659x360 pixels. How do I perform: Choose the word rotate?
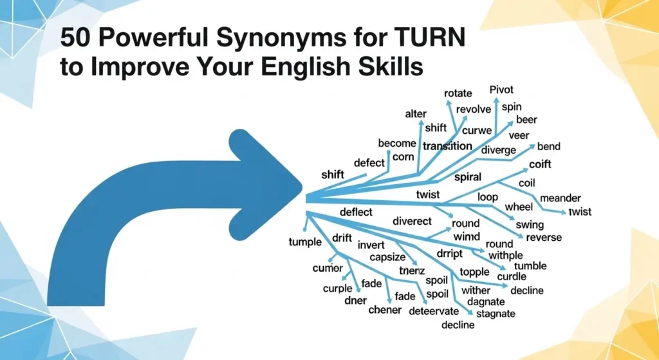[x=458, y=94]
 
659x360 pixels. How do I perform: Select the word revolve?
[x=473, y=109]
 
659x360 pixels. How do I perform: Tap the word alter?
[x=416, y=114]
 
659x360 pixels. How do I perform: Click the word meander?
[x=561, y=198]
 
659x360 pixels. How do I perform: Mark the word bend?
[x=549, y=147]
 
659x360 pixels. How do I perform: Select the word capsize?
[x=387, y=258]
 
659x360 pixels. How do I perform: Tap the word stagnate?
[x=495, y=314]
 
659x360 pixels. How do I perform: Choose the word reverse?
[x=544, y=238]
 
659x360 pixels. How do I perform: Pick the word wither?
[x=476, y=290]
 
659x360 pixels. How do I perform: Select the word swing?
[x=530, y=225]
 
